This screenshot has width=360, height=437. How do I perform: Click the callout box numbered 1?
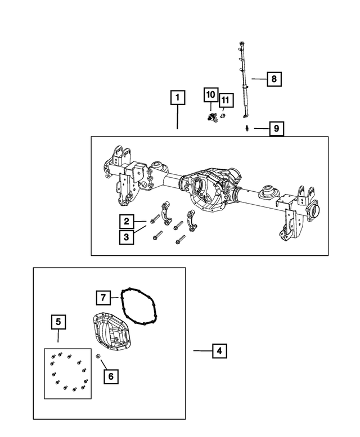point(177,98)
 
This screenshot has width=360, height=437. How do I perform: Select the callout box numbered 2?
point(127,221)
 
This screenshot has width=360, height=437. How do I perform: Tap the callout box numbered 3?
point(127,237)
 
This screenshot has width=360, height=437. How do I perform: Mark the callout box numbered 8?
point(273,79)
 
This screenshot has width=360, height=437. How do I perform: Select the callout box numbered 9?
point(276,129)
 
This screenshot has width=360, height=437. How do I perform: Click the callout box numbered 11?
point(225,101)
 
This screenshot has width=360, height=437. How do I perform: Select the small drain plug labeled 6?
point(98,356)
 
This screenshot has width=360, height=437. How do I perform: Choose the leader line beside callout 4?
point(201,351)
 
